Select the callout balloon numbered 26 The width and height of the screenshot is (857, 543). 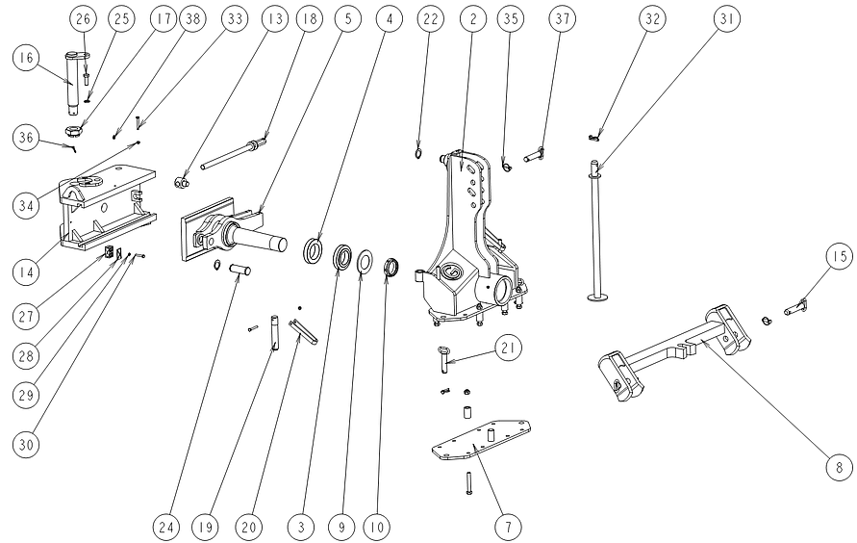[84, 18]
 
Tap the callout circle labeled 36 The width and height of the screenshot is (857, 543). [26, 137]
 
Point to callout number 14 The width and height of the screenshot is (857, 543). [27, 244]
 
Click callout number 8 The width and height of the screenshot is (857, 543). [839, 466]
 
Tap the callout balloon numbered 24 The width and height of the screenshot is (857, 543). [165, 526]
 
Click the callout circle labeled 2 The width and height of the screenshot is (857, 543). [470, 18]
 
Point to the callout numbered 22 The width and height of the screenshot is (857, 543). [431, 18]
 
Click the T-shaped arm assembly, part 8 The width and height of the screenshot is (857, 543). [673, 347]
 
